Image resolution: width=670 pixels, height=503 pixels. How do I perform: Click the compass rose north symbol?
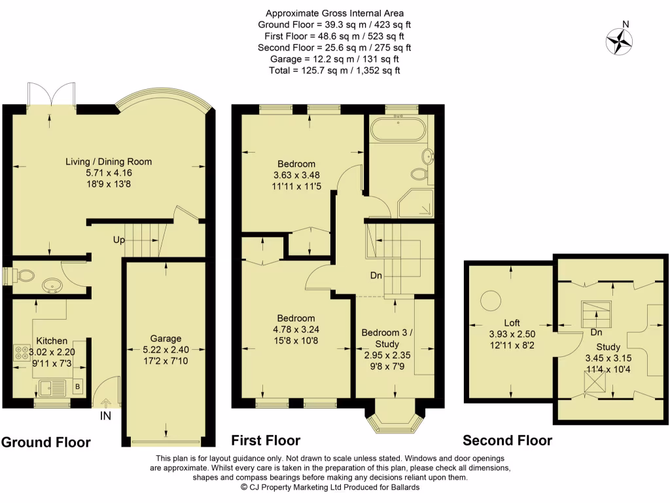click(x=619, y=41)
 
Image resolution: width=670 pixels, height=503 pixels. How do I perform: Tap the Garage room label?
click(x=166, y=339)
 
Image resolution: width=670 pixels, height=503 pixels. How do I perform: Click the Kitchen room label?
click(x=52, y=341)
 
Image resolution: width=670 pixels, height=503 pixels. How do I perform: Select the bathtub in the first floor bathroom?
click(x=398, y=129)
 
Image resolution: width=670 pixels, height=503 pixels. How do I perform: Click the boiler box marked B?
click(x=78, y=388)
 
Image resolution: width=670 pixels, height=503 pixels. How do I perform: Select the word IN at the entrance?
click(x=105, y=415)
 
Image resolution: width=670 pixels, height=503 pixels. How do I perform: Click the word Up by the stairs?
click(x=119, y=240)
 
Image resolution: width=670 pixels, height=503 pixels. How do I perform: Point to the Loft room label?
click(x=512, y=322)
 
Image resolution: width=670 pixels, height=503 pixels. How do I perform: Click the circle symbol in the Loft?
click(x=490, y=301)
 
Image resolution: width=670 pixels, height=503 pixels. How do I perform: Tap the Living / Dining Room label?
click(x=109, y=162)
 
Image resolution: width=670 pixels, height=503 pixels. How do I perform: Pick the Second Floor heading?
click(x=507, y=440)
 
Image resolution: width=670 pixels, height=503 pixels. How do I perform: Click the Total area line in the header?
click(x=334, y=70)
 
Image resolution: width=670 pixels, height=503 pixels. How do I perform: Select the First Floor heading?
click(x=266, y=440)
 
